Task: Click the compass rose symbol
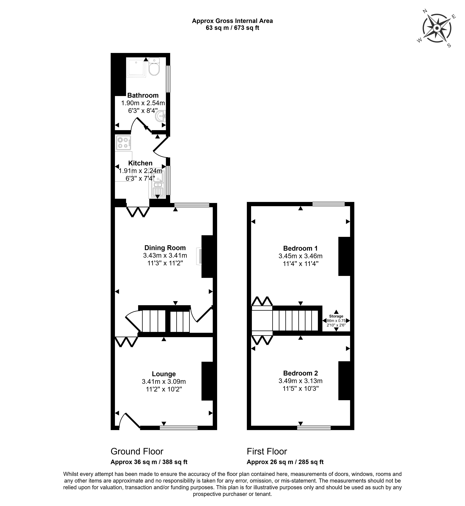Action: point(437,28)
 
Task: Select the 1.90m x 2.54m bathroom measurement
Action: point(143,103)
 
